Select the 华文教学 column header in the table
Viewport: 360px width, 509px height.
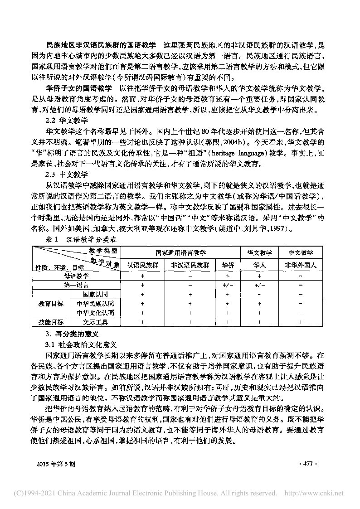pos(259,252)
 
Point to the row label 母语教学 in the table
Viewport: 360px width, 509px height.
pos(77,275)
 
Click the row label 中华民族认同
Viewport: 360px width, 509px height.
pos(95,303)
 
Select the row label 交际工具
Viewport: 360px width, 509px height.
pos(95,322)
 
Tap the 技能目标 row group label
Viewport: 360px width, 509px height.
pos(50,322)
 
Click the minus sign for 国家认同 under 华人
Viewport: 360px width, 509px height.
pos(259,294)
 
